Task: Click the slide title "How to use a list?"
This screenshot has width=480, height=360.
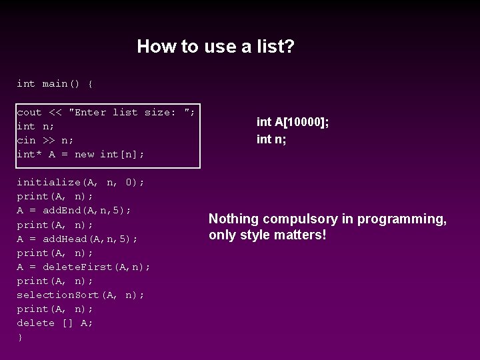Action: (215, 47)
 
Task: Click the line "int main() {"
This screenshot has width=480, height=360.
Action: (55, 84)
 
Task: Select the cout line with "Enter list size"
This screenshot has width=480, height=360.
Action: (106, 113)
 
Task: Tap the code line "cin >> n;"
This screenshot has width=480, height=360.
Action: (45, 141)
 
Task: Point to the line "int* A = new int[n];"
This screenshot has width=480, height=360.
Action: (81, 155)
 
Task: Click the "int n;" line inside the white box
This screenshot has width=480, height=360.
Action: (36, 127)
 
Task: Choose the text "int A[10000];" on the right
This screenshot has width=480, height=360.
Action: (293, 122)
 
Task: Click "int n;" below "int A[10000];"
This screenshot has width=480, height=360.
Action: (271, 139)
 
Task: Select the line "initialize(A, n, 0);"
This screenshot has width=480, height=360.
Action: (81, 183)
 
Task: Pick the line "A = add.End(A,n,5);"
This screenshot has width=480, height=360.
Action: (74, 211)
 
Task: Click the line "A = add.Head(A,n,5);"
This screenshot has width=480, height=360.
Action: (77, 239)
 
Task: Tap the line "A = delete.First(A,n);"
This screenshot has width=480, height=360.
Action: (84, 267)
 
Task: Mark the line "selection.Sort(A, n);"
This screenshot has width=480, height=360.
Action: (81, 295)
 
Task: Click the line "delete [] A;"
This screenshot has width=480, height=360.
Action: (55, 323)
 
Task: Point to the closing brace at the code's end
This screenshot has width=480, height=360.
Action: (20, 337)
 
